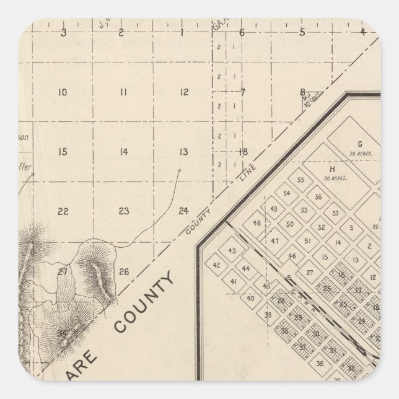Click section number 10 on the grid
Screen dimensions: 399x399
tap(62, 93)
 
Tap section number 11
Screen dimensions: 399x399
tap(123, 93)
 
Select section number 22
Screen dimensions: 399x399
tap(63, 211)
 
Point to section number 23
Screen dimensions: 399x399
tap(124, 211)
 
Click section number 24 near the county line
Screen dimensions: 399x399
tap(183, 211)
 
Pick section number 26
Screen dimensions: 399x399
tap(124, 271)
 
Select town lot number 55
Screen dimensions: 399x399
tap(302, 180)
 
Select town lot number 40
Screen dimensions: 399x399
tap(250, 298)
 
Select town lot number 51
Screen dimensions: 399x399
tap(307, 241)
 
